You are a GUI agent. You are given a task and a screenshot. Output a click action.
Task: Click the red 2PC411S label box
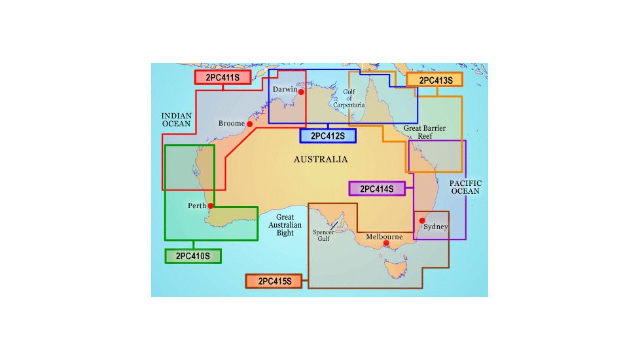point(222,78)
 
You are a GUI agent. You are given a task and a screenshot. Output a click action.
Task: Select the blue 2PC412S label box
point(327,136)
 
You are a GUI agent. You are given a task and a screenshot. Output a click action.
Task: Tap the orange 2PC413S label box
point(435,81)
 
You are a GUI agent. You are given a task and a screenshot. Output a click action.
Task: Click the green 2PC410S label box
point(193,256)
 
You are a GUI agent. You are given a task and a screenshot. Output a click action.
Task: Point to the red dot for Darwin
point(301,92)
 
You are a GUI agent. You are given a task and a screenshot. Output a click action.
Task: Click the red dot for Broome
point(249,124)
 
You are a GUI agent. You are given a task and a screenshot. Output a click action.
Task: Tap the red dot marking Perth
point(211,206)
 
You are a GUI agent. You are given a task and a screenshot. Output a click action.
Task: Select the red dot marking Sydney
point(422,221)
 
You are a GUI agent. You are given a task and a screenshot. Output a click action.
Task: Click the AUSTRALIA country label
point(321,160)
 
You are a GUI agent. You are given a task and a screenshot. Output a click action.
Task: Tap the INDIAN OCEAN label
point(177,120)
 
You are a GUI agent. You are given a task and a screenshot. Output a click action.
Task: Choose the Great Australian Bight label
point(285,225)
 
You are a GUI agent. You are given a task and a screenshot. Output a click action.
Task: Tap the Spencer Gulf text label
point(323,235)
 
